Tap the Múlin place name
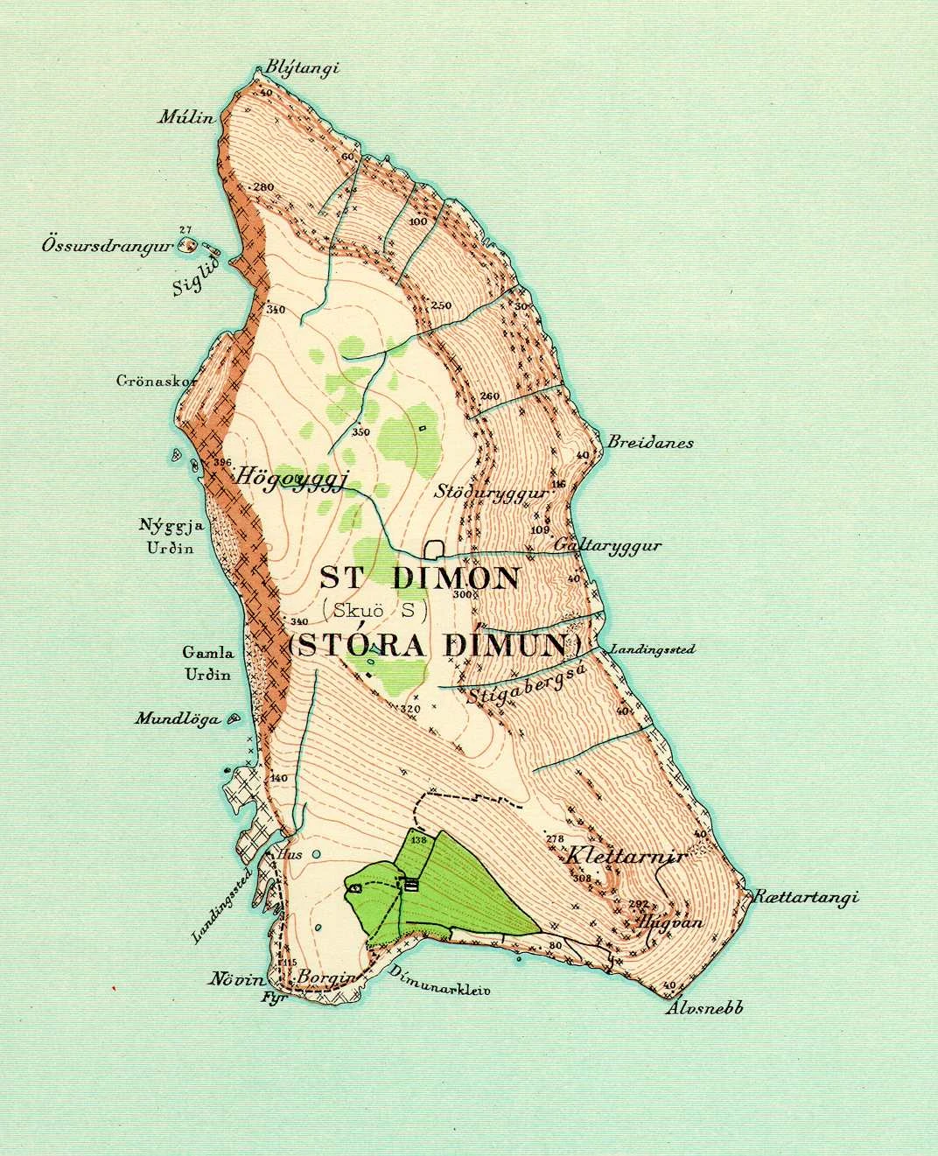185,117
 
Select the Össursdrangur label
103,246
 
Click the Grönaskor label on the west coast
146,382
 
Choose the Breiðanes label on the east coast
649,442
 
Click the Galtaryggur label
607,545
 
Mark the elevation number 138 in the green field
418,840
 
